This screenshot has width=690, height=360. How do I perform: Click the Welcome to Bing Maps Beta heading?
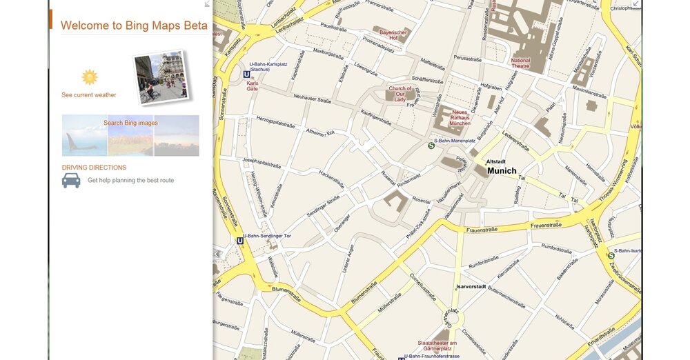pos(133,26)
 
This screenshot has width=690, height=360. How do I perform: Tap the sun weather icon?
pos(90,77)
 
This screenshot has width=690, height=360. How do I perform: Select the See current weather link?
pos(89,95)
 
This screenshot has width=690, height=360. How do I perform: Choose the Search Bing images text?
pos(130,123)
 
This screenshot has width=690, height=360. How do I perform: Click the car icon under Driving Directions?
pos(71,181)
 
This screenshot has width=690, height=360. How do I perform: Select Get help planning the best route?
pos(130,181)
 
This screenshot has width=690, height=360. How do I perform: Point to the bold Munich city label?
pos(502,170)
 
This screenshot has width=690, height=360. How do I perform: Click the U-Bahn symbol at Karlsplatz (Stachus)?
pos(246,74)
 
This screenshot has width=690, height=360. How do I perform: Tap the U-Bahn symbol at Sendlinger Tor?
pos(240,241)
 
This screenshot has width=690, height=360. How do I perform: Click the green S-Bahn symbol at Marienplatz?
pos(431,146)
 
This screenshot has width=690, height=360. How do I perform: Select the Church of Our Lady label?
pos(400,93)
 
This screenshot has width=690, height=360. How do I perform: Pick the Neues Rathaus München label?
pos(460,117)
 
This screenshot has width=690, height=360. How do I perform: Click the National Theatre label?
pos(521,64)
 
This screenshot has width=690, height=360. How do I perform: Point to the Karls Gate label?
pos(253,86)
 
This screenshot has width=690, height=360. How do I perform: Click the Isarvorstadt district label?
pos(471,286)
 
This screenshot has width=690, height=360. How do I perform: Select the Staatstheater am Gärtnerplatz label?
pos(437,346)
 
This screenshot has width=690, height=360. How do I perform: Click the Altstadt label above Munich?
pos(496,161)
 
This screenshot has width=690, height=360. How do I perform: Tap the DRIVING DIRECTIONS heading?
pos(94,168)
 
